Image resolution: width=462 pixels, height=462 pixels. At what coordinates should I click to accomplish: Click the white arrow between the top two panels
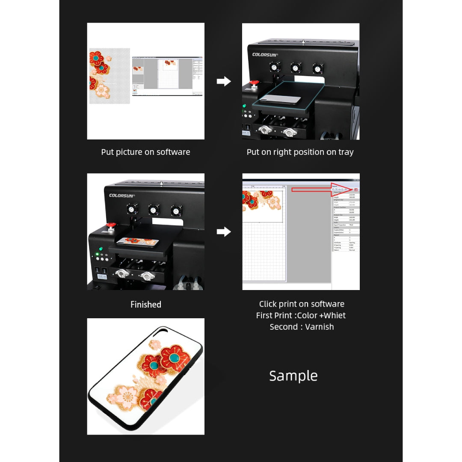point(224,81)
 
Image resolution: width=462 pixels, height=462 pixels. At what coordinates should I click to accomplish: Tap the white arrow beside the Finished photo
point(224,232)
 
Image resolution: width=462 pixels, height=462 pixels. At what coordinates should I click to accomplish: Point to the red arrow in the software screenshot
point(341,189)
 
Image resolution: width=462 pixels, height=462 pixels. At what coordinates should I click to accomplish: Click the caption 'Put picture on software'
point(145,152)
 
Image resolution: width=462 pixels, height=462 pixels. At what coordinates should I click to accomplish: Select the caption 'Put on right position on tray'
point(300,152)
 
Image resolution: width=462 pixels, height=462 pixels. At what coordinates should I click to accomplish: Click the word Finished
point(145,305)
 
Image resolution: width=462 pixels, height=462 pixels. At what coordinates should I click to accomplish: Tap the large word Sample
point(293,376)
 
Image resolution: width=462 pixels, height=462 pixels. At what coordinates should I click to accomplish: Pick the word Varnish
point(319,327)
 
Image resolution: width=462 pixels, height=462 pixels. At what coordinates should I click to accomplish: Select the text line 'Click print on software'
point(301,304)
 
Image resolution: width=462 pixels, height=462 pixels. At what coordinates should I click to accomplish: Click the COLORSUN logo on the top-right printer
point(265,55)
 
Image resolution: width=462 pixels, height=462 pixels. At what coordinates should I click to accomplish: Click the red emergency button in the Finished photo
point(111,225)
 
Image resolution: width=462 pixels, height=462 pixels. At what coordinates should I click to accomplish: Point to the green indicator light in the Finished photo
point(100,249)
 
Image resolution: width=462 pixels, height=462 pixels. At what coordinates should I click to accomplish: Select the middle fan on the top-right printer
point(296,68)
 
